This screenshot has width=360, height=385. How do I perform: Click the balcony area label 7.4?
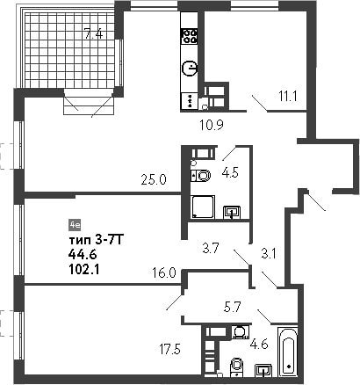(x=93, y=33)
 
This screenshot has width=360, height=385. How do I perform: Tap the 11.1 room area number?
(x=288, y=96)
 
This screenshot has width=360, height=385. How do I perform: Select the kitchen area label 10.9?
(x=212, y=125)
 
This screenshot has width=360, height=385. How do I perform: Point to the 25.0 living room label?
(x=154, y=179)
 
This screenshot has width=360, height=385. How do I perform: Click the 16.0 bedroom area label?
(x=164, y=273)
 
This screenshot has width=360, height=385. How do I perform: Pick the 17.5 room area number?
(x=169, y=349)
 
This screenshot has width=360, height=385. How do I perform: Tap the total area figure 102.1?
(x=84, y=269)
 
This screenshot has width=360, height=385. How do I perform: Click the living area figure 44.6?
(x=83, y=255)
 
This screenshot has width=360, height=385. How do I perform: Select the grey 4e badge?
(x=75, y=225)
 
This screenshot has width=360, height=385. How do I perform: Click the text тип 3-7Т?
(x=97, y=241)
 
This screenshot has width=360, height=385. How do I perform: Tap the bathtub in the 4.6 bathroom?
(x=288, y=351)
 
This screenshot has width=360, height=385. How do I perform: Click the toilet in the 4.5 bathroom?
(x=201, y=176)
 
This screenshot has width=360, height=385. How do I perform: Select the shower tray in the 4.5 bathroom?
(x=203, y=207)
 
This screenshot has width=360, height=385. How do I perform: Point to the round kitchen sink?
(x=190, y=69)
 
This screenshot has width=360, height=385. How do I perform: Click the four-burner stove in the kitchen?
(x=190, y=36)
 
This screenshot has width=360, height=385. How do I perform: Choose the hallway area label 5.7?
(x=231, y=307)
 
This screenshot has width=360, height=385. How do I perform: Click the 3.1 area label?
(x=269, y=254)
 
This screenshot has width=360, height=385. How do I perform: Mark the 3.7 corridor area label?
(x=211, y=249)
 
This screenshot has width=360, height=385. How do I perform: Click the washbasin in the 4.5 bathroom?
(x=232, y=212)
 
